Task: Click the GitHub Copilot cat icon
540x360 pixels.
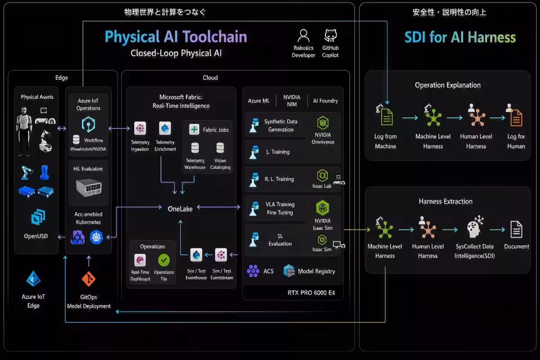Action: [x=330, y=36]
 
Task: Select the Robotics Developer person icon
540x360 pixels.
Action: [x=303, y=36]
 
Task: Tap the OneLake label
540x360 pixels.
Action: [x=180, y=209]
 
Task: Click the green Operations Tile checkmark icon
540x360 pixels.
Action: [x=164, y=260]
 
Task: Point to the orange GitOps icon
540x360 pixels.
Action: [x=89, y=279]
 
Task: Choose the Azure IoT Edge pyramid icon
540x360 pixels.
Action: [x=33, y=279]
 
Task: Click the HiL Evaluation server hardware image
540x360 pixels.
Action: [x=89, y=187]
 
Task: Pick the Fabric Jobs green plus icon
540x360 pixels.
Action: [x=194, y=129]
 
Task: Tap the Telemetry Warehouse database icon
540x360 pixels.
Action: [x=195, y=148]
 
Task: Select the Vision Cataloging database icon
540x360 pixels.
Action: [x=220, y=148]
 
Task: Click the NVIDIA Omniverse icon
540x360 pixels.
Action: [x=323, y=123]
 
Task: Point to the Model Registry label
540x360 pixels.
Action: [x=316, y=271]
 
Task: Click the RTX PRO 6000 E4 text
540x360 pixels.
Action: [x=311, y=293]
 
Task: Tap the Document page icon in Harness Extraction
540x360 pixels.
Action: [x=517, y=229]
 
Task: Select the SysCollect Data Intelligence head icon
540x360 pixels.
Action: [x=475, y=226]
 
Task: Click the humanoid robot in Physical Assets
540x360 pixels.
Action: [x=23, y=131]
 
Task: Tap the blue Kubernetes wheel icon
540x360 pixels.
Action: [x=96, y=237]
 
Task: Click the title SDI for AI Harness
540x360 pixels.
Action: [x=460, y=37]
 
